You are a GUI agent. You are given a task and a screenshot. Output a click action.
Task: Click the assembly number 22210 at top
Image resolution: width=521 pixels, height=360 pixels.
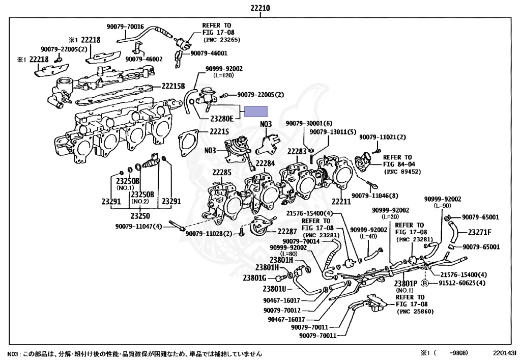coord(260,8)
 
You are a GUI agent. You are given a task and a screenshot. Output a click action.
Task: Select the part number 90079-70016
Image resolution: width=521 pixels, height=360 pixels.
coord(125,26)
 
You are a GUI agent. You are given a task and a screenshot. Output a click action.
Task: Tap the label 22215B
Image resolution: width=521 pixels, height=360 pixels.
coord(173,86)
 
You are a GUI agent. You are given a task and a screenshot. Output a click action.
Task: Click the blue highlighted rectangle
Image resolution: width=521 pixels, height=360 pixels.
coord(256,112)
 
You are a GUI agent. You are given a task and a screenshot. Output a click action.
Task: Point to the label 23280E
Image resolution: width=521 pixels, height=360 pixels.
coord(222,118)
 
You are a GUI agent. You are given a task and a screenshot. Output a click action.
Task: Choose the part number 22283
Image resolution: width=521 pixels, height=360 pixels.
coord(297,152)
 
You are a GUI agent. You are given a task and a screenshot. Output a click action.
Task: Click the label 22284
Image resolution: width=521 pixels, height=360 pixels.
coord(265,163)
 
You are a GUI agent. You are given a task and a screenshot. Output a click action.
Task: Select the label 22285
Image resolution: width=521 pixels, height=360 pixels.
coord(222,172)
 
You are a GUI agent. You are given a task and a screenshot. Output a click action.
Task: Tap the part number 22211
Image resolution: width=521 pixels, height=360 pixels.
coord(341,202)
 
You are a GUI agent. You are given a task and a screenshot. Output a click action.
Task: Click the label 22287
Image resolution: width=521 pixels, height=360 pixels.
coord(287,231)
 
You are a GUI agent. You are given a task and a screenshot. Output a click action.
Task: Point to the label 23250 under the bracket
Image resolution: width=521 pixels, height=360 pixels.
coord(140,216)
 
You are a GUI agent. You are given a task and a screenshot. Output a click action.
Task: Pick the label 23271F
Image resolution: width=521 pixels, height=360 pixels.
coord(479,232)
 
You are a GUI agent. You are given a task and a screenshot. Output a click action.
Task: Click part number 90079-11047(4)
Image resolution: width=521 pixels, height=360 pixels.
coord(138,227)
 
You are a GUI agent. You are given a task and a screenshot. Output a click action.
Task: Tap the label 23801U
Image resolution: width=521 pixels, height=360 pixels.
coord(274,289)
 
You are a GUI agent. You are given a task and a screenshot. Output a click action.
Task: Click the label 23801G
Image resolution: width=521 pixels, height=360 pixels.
coord(255,278)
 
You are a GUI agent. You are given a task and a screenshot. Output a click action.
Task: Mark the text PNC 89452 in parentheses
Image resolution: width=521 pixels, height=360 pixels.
coord(402,172)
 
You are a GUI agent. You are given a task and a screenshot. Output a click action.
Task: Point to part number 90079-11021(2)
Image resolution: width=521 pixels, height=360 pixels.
coord(383,137)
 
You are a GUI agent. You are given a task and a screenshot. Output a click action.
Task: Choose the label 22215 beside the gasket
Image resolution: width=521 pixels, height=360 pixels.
coord(219,132)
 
